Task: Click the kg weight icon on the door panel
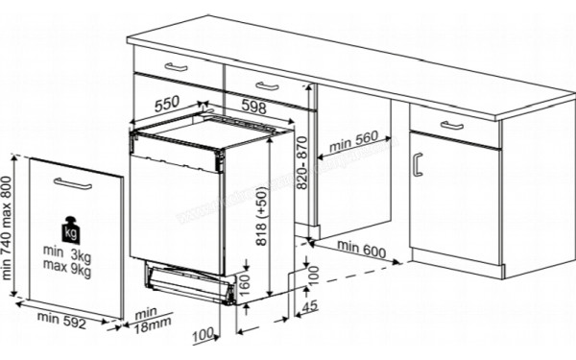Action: [x=70, y=231]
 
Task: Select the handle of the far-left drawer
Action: [x=178, y=66]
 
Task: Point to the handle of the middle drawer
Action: [x=266, y=88]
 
